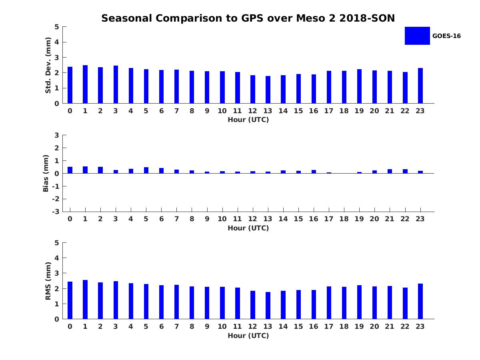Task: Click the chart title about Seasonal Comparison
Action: pos(248,18)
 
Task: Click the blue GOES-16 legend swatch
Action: pos(417,36)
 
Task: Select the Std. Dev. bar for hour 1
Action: pos(85,84)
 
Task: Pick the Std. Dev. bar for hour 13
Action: pos(268,90)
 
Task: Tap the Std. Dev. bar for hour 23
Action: pos(420,86)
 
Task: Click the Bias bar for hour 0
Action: pos(70,170)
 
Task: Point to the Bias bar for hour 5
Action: pos(146,170)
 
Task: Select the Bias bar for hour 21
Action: pos(390,171)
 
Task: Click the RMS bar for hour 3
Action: pos(116,300)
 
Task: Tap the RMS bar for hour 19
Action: pos(359,302)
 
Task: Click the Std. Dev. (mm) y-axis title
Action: pos(48,65)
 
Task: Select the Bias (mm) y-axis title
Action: pos(46,173)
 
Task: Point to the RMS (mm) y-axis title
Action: pos(48,281)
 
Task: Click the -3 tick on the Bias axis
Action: pos(56,212)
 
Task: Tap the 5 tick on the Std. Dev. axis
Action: pos(57,27)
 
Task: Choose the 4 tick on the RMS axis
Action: pos(57,258)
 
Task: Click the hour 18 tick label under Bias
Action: pos(344,219)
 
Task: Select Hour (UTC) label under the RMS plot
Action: pos(248,336)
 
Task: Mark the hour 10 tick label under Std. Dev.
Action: pos(222,111)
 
